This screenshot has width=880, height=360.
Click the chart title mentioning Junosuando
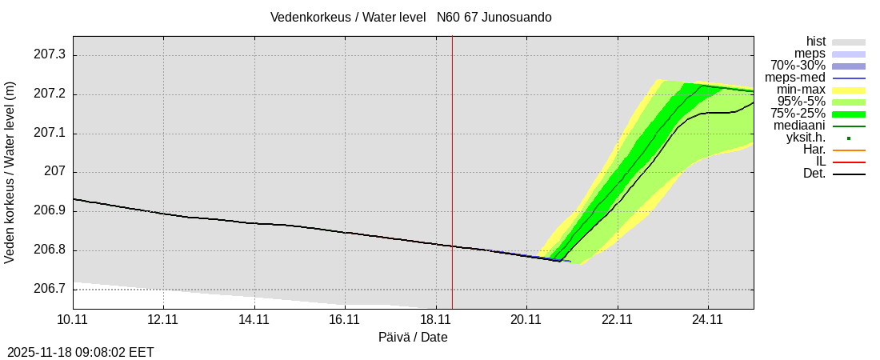tap(410, 17)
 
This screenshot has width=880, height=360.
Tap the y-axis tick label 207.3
tap(50, 54)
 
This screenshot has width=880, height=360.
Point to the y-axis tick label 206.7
tap(50, 289)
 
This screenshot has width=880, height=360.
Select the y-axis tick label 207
tap(55, 172)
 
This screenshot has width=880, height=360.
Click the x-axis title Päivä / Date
tap(413, 337)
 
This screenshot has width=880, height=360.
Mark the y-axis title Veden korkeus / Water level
tap(10, 172)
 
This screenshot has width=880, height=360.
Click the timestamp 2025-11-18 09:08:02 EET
tap(81, 352)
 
